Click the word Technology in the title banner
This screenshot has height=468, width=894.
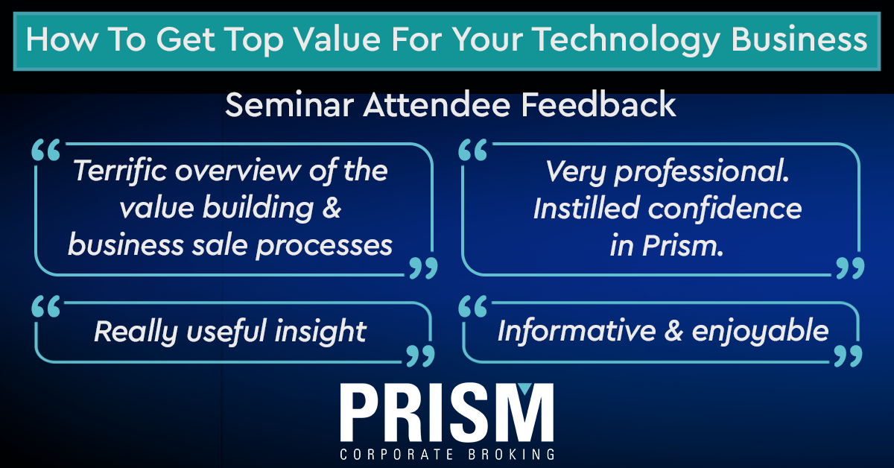pyautogui.click(x=627, y=41)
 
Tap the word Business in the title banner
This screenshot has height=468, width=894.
pyautogui.click(x=799, y=39)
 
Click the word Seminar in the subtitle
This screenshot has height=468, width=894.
pyautogui.click(x=289, y=104)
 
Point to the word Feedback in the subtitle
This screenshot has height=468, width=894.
pyautogui.click(x=598, y=104)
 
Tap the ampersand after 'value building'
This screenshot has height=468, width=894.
pyautogui.click(x=332, y=208)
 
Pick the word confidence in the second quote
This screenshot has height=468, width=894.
pyautogui.click(x=725, y=209)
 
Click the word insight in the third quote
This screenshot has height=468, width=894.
pyautogui.click(x=320, y=332)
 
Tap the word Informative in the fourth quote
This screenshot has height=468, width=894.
pyautogui.click(x=577, y=331)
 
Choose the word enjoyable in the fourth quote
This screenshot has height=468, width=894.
pyautogui.click(x=760, y=332)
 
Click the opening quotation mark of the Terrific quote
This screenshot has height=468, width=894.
pyautogui.click(x=46, y=150)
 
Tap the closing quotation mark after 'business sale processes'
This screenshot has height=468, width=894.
pyautogui.click(x=423, y=268)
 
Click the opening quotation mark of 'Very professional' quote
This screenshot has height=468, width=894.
pyautogui.click(x=473, y=150)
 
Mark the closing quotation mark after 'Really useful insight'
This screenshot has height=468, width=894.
pyautogui.click(x=421, y=355)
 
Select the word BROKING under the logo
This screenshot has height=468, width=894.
pyautogui.click(x=511, y=455)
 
